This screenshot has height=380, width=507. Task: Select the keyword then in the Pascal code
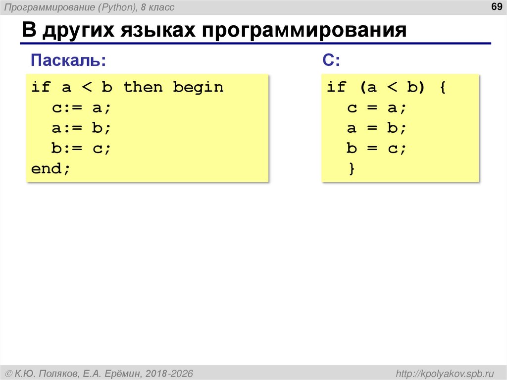[143, 88]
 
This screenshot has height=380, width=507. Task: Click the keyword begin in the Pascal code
[198, 88]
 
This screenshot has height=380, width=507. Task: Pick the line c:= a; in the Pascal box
[81, 108]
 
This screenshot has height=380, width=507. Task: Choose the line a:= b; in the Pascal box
[81, 128]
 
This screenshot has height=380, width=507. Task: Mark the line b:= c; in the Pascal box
[81, 149]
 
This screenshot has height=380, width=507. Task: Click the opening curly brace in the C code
[442, 88]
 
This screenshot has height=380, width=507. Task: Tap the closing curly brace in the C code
[352, 169]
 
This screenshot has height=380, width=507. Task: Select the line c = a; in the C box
[376, 108]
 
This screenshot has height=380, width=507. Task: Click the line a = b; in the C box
[376, 128]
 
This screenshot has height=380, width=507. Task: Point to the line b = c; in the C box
[376, 149]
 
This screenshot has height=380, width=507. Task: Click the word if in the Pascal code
[41, 88]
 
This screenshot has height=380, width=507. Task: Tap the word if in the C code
[336, 88]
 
